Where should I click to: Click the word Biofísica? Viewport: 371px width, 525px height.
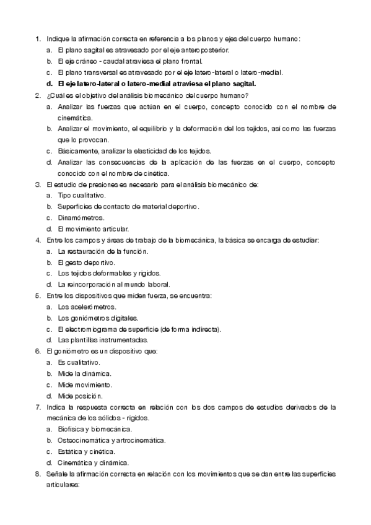click(x=72, y=430)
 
